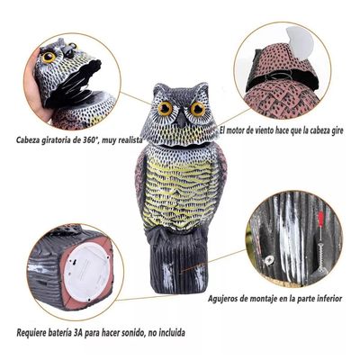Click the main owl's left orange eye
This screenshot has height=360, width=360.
166,109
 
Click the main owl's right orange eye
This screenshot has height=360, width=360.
196,108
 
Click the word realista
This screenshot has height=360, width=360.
157,140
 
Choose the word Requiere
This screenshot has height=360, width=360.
34,332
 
